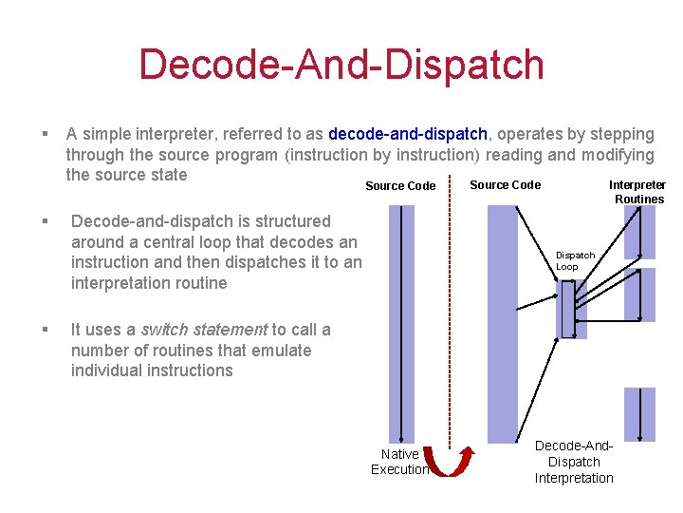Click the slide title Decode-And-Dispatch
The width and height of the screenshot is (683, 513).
tap(341, 65)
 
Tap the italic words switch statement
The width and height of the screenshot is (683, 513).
tap(204, 330)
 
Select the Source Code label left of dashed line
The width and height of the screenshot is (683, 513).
tap(400, 186)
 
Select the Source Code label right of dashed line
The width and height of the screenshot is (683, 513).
tap(506, 185)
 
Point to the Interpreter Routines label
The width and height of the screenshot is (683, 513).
tap(637, 192)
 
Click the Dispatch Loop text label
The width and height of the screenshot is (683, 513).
tap(575, 261)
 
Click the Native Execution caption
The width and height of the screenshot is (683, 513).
tap(399, 462)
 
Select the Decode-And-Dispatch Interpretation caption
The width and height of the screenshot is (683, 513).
tap(574, 462)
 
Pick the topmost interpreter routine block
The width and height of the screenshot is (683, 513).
tap(639, 232)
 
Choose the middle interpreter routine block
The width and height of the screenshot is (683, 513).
tap(639, 294)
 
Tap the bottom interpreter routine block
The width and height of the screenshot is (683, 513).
tap(639, 414)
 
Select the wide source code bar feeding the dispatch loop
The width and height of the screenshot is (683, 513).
tap(503, 323)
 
